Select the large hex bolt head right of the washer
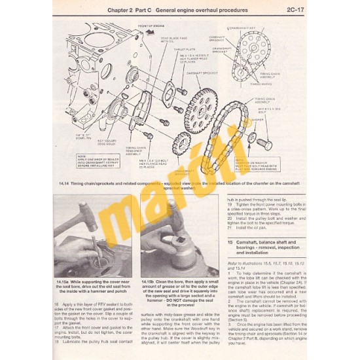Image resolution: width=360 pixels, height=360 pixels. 264,141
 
